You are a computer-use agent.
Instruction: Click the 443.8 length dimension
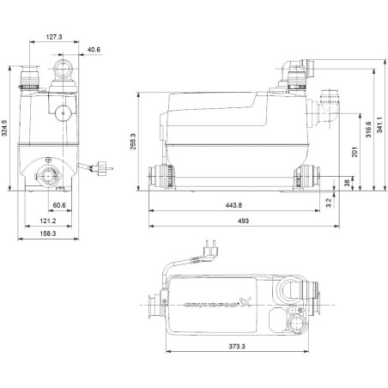click(235, 206)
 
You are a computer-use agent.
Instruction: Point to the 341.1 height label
click(381, 124)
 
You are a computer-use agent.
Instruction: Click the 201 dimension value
click(355, 151)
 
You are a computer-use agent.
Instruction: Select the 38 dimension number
click(345, 182)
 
